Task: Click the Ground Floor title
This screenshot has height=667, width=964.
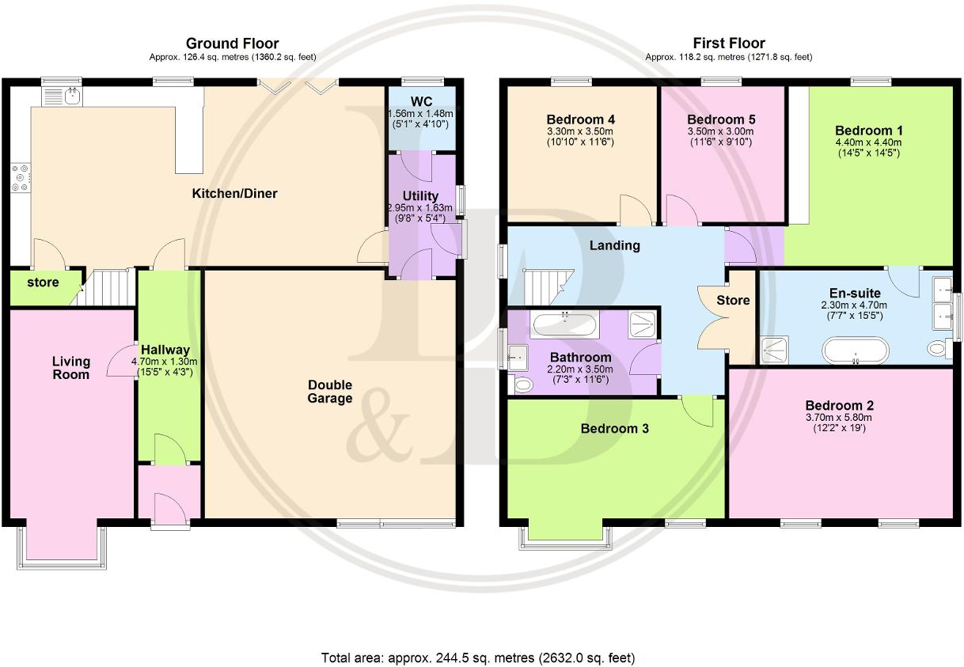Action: tap(232, 44)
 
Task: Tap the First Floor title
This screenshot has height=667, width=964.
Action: tap(728, 44)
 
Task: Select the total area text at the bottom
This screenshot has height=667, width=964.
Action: tap(477, 658)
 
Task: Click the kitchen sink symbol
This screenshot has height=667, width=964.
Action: tap(62, 97)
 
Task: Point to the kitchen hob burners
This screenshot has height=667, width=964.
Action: tap(20, 177)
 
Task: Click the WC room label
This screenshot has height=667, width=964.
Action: tap(420, 101)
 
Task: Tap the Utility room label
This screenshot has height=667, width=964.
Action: tap(420, 196)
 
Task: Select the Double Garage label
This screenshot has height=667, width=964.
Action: tap(330, 392)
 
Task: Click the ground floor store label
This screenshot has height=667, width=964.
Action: tap(43, 282)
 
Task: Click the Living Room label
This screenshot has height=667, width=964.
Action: tap(71, 368)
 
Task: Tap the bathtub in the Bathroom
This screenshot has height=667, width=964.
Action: tap(565, 324)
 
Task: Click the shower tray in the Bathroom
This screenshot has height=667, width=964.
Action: tap(642, 325)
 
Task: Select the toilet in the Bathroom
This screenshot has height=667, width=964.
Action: tap(523, 385)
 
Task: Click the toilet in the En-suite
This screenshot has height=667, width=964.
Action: tap(938, 348)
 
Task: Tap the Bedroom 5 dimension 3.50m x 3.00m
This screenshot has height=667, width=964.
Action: tap(721, 131)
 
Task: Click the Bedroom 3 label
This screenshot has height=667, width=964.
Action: tap(615, 429)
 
